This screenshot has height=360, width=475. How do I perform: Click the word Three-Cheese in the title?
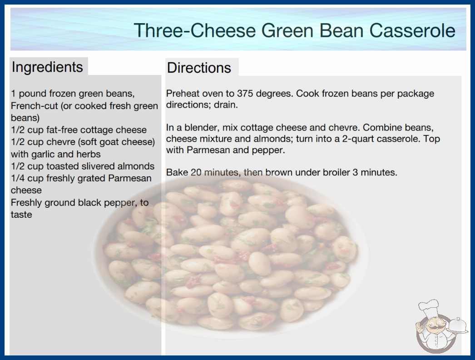[x=195, y=30]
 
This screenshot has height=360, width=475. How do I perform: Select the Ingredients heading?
[x=47, y=67]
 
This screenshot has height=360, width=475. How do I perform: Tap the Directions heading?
[x=199, y=68]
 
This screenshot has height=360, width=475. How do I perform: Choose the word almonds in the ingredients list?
[x=136, y=166]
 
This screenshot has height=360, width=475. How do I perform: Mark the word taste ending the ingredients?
[x=21, y=215]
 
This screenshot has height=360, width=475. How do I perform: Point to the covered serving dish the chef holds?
[x=458, y=326]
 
